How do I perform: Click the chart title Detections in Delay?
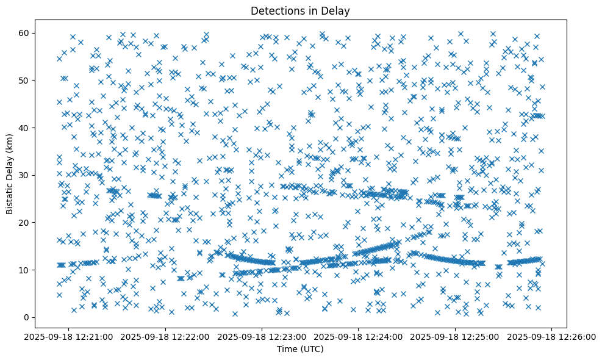(301, 10)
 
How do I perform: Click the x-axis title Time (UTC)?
(301, 350)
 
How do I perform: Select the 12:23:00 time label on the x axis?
(263, 337)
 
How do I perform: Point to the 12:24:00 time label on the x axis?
(359, 337)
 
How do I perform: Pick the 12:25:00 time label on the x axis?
(456, 337)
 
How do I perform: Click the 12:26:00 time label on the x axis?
(552, 337)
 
